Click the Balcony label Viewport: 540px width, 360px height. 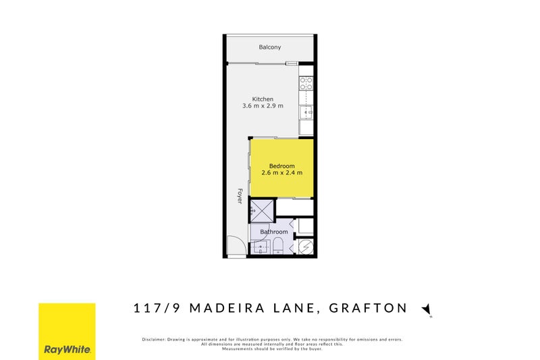(269, 47)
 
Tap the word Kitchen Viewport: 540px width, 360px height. (263, 99)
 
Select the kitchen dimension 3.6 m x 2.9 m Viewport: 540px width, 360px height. (263, 106)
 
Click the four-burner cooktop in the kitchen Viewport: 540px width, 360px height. (306, 84)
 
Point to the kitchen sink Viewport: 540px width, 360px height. (306, 112)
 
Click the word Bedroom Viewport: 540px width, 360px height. (281, 166)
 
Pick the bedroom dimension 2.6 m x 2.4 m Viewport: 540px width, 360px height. (281, 173)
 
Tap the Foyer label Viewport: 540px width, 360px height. (239, 196)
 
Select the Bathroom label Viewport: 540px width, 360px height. (274, 232)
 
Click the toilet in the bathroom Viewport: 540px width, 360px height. (277, 245)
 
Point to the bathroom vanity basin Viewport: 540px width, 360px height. (260, 248)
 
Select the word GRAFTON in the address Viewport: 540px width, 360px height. (368, 308)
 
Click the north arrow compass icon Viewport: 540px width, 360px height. (426, 309)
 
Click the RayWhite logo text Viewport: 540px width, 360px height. (67, 350)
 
